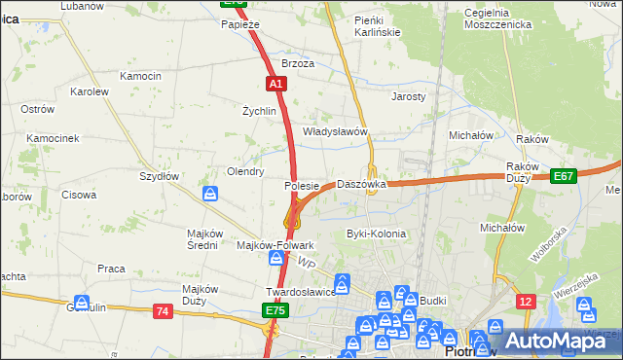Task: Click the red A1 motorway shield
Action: (x=277, y=85)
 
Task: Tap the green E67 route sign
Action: (x=563, y=176)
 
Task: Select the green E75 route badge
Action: (x=275, y=310)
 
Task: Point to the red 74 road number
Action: (x=163, y=310)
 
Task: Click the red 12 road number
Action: (x=526, y=302)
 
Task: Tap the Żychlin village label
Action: (x=260, y=111)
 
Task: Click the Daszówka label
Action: (x=361, y=184)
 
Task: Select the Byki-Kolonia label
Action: (x=376, y=234)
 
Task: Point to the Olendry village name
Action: (x=245, y=171)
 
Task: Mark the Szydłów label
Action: (x=159, y=176)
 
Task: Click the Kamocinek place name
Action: (x=53, y=139)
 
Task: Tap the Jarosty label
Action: (x=409, y=97)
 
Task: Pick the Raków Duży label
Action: (x=524, y=172)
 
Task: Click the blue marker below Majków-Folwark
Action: (x=277, y=259)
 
